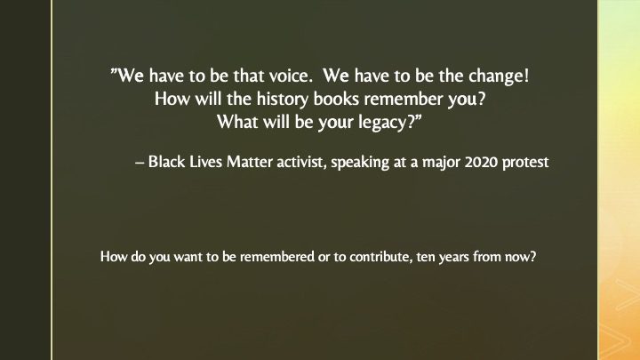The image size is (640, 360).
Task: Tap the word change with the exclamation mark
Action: [x=499, y=76]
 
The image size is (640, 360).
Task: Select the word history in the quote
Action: [x=282, y=100]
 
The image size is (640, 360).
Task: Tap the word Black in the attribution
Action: [x=166, y=162]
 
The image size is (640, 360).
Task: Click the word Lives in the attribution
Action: [x=205, y=162]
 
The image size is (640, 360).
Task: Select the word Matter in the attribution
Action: [x=250, y=162]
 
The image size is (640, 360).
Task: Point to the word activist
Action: [x=301, y=162]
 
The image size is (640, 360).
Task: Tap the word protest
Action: [x=525, y=163]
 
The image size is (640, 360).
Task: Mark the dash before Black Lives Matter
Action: [x=140, y=163]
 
